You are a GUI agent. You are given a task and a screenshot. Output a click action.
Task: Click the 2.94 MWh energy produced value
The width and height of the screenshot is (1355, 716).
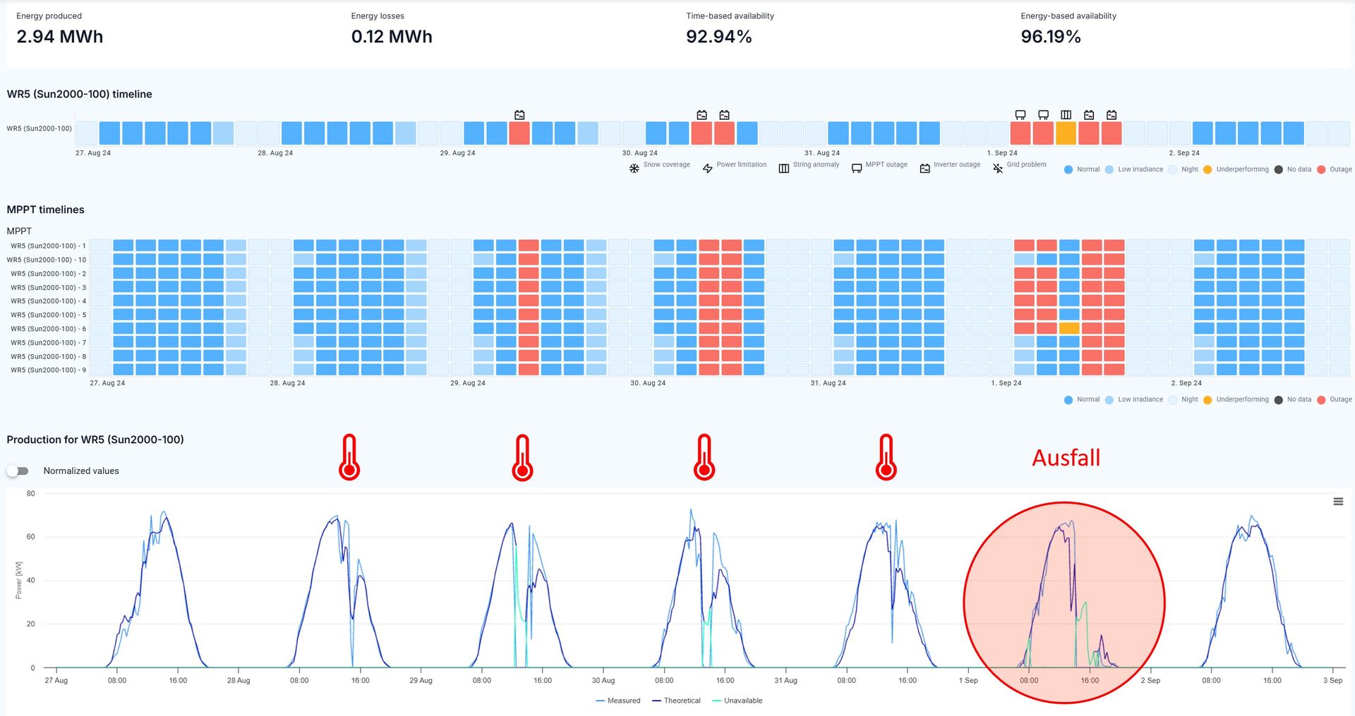pos(59,37)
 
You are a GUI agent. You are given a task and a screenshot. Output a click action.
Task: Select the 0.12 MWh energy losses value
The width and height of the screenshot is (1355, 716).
pos(392,37)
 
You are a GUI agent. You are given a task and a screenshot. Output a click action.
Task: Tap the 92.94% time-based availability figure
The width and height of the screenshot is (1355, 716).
pos(718,37)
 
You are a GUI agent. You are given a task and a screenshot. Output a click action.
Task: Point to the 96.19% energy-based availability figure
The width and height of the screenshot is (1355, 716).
pos(1050,37)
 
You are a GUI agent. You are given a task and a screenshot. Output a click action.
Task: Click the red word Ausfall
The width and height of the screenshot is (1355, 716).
pos(1066,458)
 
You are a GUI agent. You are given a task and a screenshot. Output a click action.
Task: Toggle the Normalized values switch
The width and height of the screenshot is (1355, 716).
pos(18,471)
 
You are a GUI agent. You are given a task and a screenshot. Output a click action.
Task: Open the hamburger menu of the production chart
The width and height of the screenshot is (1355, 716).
pos(1337,502)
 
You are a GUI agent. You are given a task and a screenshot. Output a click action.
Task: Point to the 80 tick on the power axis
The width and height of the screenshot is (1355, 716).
pos(30,494)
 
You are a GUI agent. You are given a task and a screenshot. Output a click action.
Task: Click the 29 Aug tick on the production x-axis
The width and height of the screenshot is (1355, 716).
pos(421,680)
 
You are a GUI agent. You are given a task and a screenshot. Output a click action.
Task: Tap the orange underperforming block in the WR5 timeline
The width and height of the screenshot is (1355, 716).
pos(1066,133)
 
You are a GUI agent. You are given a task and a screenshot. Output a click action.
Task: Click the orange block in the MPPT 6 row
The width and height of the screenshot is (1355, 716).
pos(1068,328)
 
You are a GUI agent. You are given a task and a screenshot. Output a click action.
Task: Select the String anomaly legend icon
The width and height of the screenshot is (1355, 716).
pos(783,169)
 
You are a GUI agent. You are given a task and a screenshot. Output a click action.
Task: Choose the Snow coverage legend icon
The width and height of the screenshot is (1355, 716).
pos(634,169)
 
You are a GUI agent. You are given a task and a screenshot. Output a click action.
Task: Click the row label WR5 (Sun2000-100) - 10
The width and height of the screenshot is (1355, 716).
pos(47,260)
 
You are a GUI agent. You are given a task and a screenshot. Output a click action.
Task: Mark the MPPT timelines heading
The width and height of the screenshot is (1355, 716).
pos(45,210)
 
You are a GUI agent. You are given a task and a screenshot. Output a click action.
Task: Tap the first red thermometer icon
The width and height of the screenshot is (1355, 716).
pos(349,458)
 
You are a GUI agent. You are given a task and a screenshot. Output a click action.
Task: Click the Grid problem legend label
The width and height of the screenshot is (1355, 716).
pos(1026,164)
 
